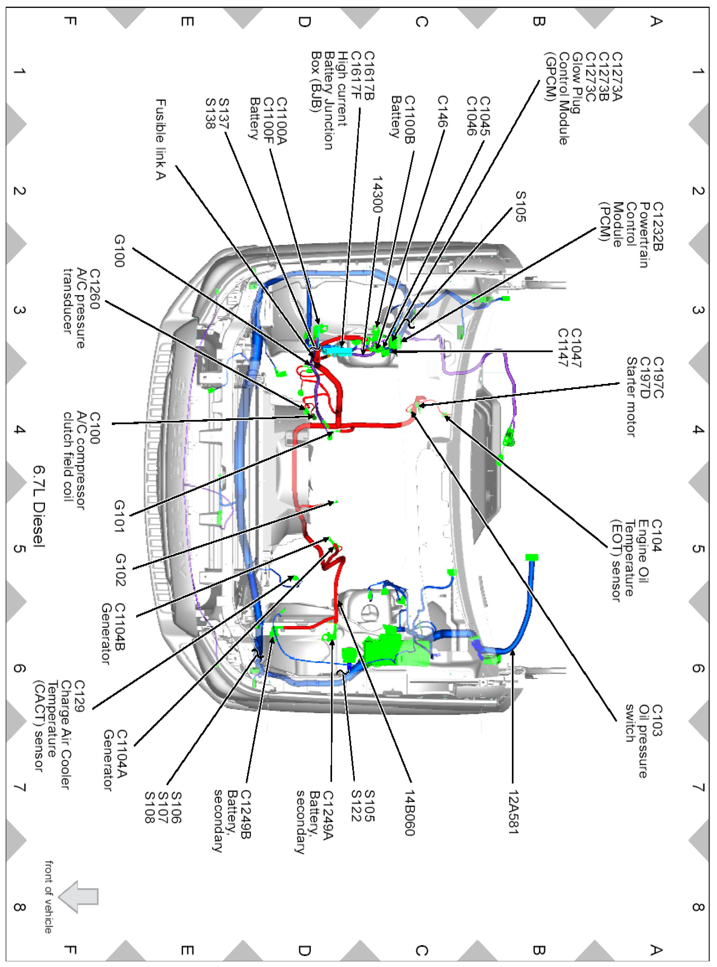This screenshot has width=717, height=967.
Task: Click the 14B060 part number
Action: [x=410, y=813]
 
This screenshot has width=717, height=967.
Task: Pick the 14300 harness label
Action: [x=378, y=194]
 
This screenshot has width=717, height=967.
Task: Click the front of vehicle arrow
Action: [x=78, y=896]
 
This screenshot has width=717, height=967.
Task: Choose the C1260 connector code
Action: [x=94, y=289]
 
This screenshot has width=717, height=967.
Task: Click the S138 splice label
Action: [x=210, y=114]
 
